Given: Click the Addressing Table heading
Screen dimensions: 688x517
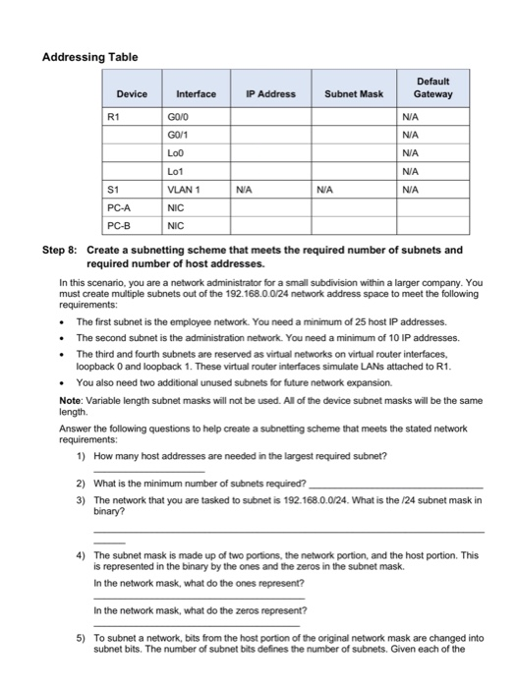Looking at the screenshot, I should [x=89, y=58].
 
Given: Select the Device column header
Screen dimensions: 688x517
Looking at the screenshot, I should [x=132, y=94].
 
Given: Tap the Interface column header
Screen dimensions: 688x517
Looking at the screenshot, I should [x=196, y=94].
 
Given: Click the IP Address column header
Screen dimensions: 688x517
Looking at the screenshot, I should [x=271, y=94].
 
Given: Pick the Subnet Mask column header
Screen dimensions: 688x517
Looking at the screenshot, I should [x=353, y=94].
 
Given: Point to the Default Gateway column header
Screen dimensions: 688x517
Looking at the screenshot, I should [x=432, y=87].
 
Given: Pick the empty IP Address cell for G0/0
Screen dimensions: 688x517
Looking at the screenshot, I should [x=271, y=115].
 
